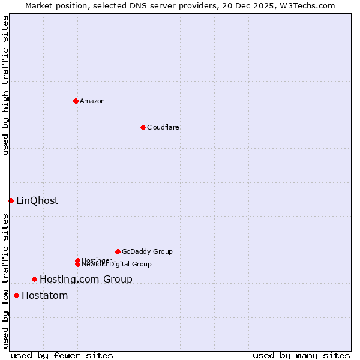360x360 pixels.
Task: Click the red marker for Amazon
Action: coord(76,101)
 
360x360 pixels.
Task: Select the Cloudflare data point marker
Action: coord(143,127)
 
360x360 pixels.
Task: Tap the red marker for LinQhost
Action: coord(11,200)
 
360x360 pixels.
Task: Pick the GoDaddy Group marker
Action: coord(118,251)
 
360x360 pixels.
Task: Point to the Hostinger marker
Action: coord(77,260)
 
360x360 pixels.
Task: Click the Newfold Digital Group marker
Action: coord(77,265)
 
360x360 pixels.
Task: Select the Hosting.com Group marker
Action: coord(34,279)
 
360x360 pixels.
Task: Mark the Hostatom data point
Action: coord(16,295)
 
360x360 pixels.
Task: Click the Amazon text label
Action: coord(92,101)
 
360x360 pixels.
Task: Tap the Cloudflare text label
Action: coord(163,127)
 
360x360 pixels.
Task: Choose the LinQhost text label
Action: coord(37,200)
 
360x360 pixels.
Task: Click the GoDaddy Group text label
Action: coord(147,251)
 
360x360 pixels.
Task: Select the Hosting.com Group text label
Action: coord(86,279)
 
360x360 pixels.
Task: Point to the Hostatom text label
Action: coord(45,295)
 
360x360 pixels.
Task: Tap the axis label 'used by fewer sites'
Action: coord(62,355)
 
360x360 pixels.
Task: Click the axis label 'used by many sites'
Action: coord(301,355)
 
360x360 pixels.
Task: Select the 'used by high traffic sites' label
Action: coord(6,85)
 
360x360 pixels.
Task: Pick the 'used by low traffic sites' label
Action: coord(6,281)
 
